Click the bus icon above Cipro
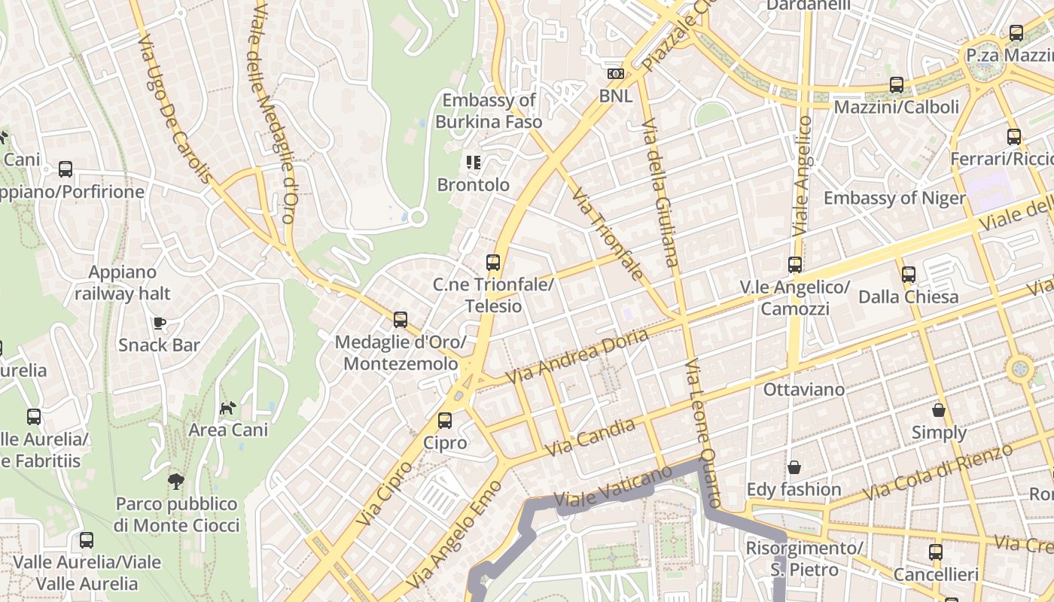tap(445, 421)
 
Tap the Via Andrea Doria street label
tap(577, 356)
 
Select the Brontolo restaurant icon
tap(473, 162)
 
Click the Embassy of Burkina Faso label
tap(489, 111)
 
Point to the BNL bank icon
tap(616, 74)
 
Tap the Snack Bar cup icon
tap(159, 324)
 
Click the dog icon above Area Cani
tap(227, 409)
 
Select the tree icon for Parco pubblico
tap(176, 481)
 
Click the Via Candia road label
tap(589, 437)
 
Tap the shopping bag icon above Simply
tap(939, 410)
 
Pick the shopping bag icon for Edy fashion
tap(794, 467)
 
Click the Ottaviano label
tap(804, 390)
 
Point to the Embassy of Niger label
tap(894, 198)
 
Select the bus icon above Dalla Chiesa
tap(909, 275)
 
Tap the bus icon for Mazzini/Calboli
tap(897, 85)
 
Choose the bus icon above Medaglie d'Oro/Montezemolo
tap(401, 320)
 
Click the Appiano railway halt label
tap(123, 283)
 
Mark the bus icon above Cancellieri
tap(936, 552)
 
